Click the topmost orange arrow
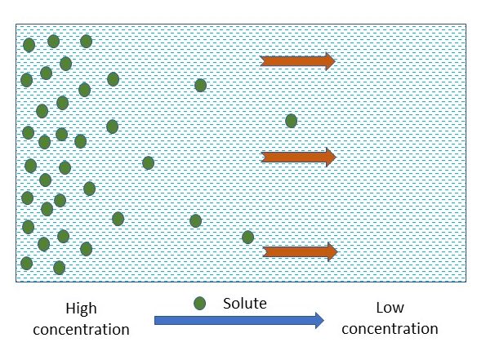point(298,61)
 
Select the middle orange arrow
point(299,157)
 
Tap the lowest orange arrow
point(300,252)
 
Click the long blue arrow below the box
point(239,320)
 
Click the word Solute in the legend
point(245,304)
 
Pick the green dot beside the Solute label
point(200,304)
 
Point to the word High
point(81,309)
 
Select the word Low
point(390,308)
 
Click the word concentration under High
point(81,329)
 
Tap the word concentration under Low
point(390,328)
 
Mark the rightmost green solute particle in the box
point(291,121)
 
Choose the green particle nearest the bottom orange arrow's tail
point(247,238)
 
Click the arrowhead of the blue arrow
point(319,320)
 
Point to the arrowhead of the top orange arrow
point(331,61)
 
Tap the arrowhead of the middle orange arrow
point(332,157)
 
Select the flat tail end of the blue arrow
point(155,320)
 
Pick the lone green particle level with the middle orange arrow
point(148,163)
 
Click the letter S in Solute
point(227,304)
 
